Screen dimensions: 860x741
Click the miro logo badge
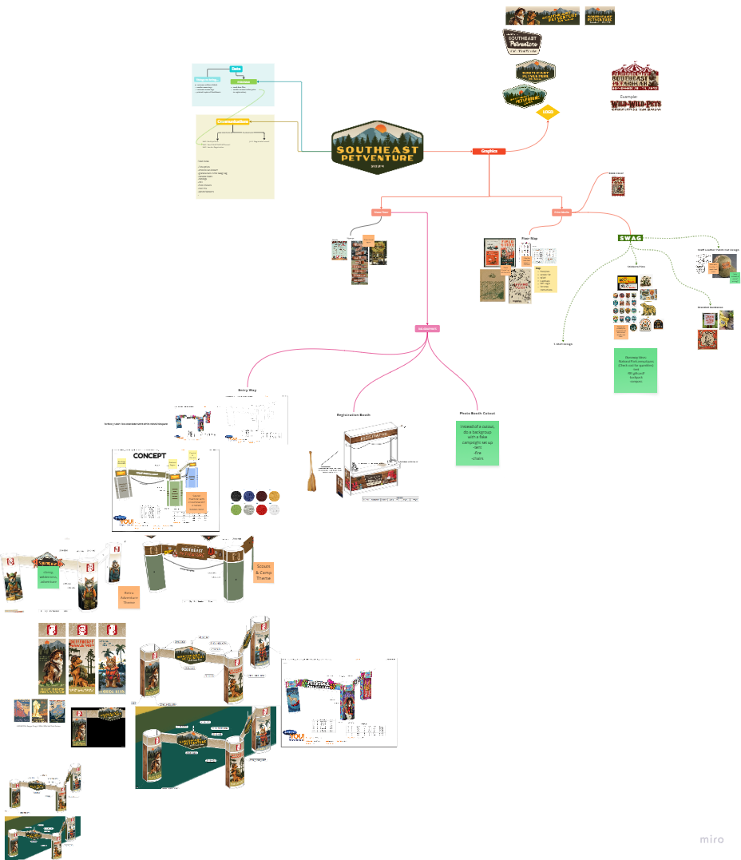pos(711,839)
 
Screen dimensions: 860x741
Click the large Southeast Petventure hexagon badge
pos(376,145)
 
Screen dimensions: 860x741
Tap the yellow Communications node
pos(232,121)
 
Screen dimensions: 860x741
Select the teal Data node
pos(236,69)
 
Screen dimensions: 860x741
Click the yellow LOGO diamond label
pos(548,112)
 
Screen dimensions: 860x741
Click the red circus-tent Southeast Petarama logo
pos(635,77)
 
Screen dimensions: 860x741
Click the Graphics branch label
pos(489,150)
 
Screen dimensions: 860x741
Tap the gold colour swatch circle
pos(275,496)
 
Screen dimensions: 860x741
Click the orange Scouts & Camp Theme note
pos(263,572)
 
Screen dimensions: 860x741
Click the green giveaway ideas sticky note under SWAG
pos(636,369)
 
